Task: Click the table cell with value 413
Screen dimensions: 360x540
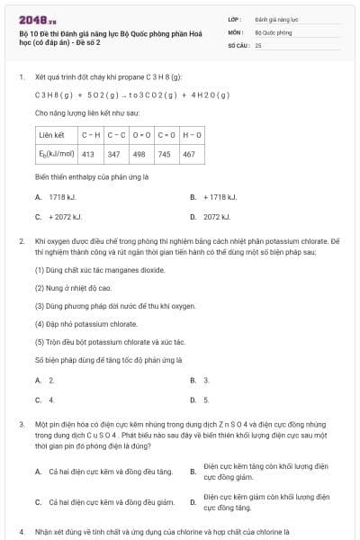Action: pos(88,154)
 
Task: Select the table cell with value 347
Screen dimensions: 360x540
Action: pos(113,154)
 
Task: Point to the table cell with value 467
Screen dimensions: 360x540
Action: pos(189,154)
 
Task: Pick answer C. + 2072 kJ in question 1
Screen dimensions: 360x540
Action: pos(59,217)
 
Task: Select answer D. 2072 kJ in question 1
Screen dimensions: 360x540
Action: pos(212,217)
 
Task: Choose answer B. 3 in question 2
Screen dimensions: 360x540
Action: pos(201,380)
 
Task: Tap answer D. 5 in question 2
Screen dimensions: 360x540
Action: pos(201,400)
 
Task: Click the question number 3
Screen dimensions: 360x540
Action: pos(22,423)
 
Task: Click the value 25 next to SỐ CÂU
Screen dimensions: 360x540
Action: pos(258,44)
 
